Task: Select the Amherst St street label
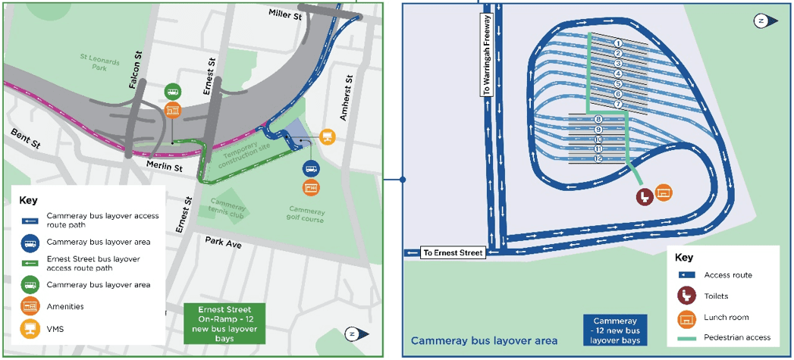pyautogui.click(x=350, y=90)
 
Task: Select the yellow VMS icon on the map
pyautogui.click(x=328, y=136)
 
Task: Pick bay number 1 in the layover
pyautogui.click(x=618, y=43)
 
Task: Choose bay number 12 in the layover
pyautogui.click(x=598, y=158)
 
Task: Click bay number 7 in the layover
pyautogui.click(x=618, y=104)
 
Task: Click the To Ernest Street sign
pyautogui.click(x=453, y=253)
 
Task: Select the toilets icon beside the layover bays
pyautogui.click(x=644, y=196)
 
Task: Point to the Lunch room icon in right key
pyautogui.click(x=686, y=317)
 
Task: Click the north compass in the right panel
pyautogui.click(x=761, y=21)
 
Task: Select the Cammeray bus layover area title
pyautogui.click(x=484, y=341)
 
